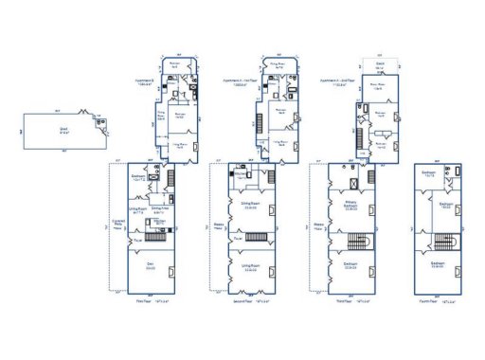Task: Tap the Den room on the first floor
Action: click(150, 268)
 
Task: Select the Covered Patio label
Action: click(118, 225)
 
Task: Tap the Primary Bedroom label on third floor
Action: click(350, 208)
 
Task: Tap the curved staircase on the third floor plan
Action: click(362, 238)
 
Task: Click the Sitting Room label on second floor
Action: click(251, 207)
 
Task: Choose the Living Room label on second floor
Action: click(251, 268)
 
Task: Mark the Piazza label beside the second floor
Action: click(218, 225)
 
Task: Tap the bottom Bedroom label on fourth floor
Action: click(438, 265)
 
